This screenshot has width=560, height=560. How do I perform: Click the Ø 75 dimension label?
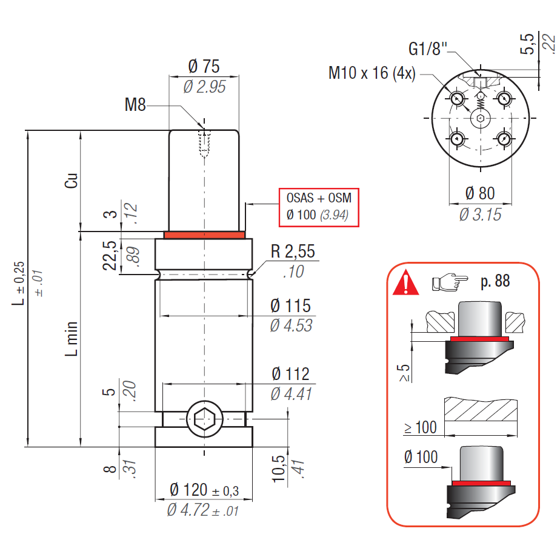[x=204, y=67]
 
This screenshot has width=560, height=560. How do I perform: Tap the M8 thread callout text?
[x=136, y=105]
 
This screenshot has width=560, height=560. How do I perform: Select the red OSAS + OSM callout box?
[x=319, y=207]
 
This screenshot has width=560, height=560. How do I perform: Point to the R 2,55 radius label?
[x=293, y=252]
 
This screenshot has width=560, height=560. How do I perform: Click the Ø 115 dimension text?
[x=291, y=305]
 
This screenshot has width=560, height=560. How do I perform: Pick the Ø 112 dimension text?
[x=291, y=374]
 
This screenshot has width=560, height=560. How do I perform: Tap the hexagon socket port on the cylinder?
[x=204, y=419]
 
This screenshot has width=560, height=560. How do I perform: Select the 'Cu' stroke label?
[x=72, y=181]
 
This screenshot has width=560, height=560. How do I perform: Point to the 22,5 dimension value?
[x=110, y=254]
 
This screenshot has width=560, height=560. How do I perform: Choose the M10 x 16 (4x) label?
[x=372, y=73]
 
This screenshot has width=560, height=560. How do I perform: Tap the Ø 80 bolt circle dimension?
[x=480, y=194]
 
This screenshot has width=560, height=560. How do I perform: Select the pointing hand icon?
[x=449, y=282]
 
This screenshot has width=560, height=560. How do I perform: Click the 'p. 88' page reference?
[x=494, y=282]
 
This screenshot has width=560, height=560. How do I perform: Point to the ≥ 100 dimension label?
[x=420, y=427]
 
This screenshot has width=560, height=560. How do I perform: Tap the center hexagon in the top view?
[x=480, y=118]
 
